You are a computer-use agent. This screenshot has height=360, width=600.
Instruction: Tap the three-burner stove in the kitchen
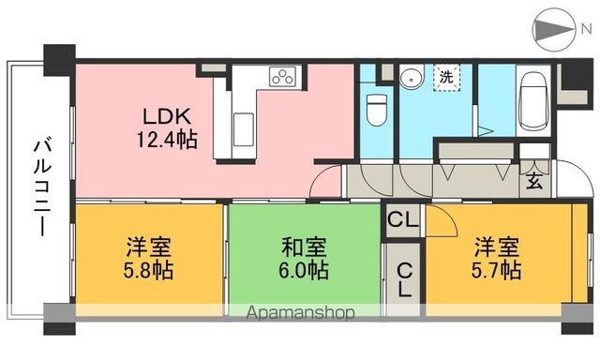pyautogui.click(x=283, y=77)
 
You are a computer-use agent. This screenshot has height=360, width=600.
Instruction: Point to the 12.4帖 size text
pyautogui.click(x=167, y=142)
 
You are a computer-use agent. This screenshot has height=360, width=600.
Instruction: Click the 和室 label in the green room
pyautogui.click(x=304, y=248)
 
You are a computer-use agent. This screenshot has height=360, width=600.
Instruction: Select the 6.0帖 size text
pyautogui.click(x=304, y=271)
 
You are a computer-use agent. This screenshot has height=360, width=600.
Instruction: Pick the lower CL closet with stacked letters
pyautogui.click(x=403, y=279)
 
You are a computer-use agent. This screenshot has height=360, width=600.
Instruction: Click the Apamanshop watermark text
pyautogui.click(x=301, y=313)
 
